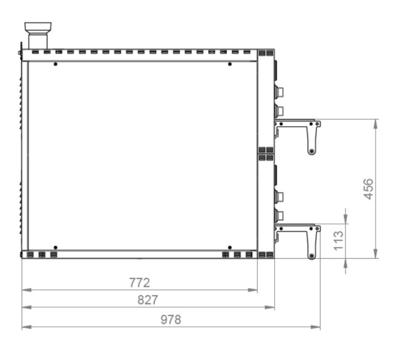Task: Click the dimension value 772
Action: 140,283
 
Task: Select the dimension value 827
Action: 148,300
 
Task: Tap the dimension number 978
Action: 171,320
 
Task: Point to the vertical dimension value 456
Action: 368,189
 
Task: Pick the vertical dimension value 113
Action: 339,241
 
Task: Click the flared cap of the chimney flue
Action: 38,27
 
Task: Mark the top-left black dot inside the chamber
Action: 55,64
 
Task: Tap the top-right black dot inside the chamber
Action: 230,64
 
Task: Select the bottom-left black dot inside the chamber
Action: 55,248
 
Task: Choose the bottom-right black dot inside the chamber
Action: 230,248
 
